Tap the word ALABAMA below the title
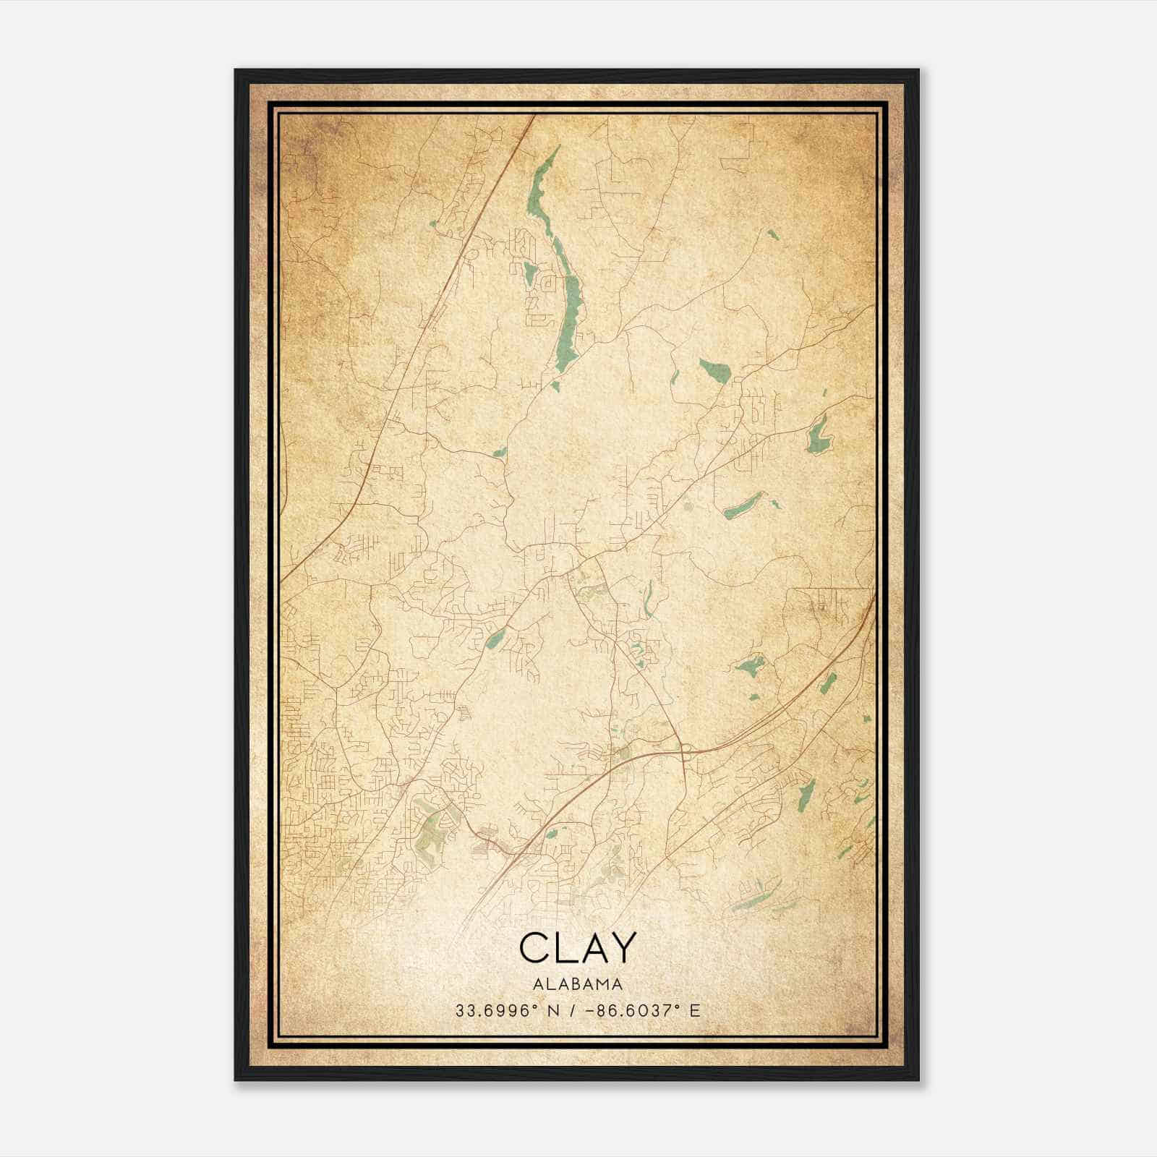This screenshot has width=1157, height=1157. pos(578,983)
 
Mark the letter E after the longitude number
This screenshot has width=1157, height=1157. pos(695,1010)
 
